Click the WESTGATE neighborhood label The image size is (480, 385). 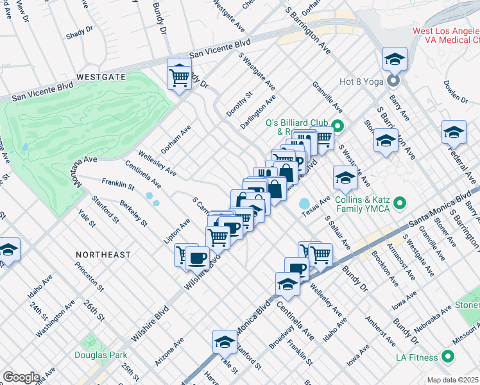click(101, 76)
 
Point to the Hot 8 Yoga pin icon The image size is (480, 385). click(393, 81)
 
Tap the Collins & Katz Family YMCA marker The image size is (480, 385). click(400, 204)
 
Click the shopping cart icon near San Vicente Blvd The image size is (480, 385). click(180, 76)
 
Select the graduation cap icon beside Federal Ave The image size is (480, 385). click(454, 132)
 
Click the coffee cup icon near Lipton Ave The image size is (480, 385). click(197, 257)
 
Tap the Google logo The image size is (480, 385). click(21, 377)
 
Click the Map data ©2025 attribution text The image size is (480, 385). click(452, 380)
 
